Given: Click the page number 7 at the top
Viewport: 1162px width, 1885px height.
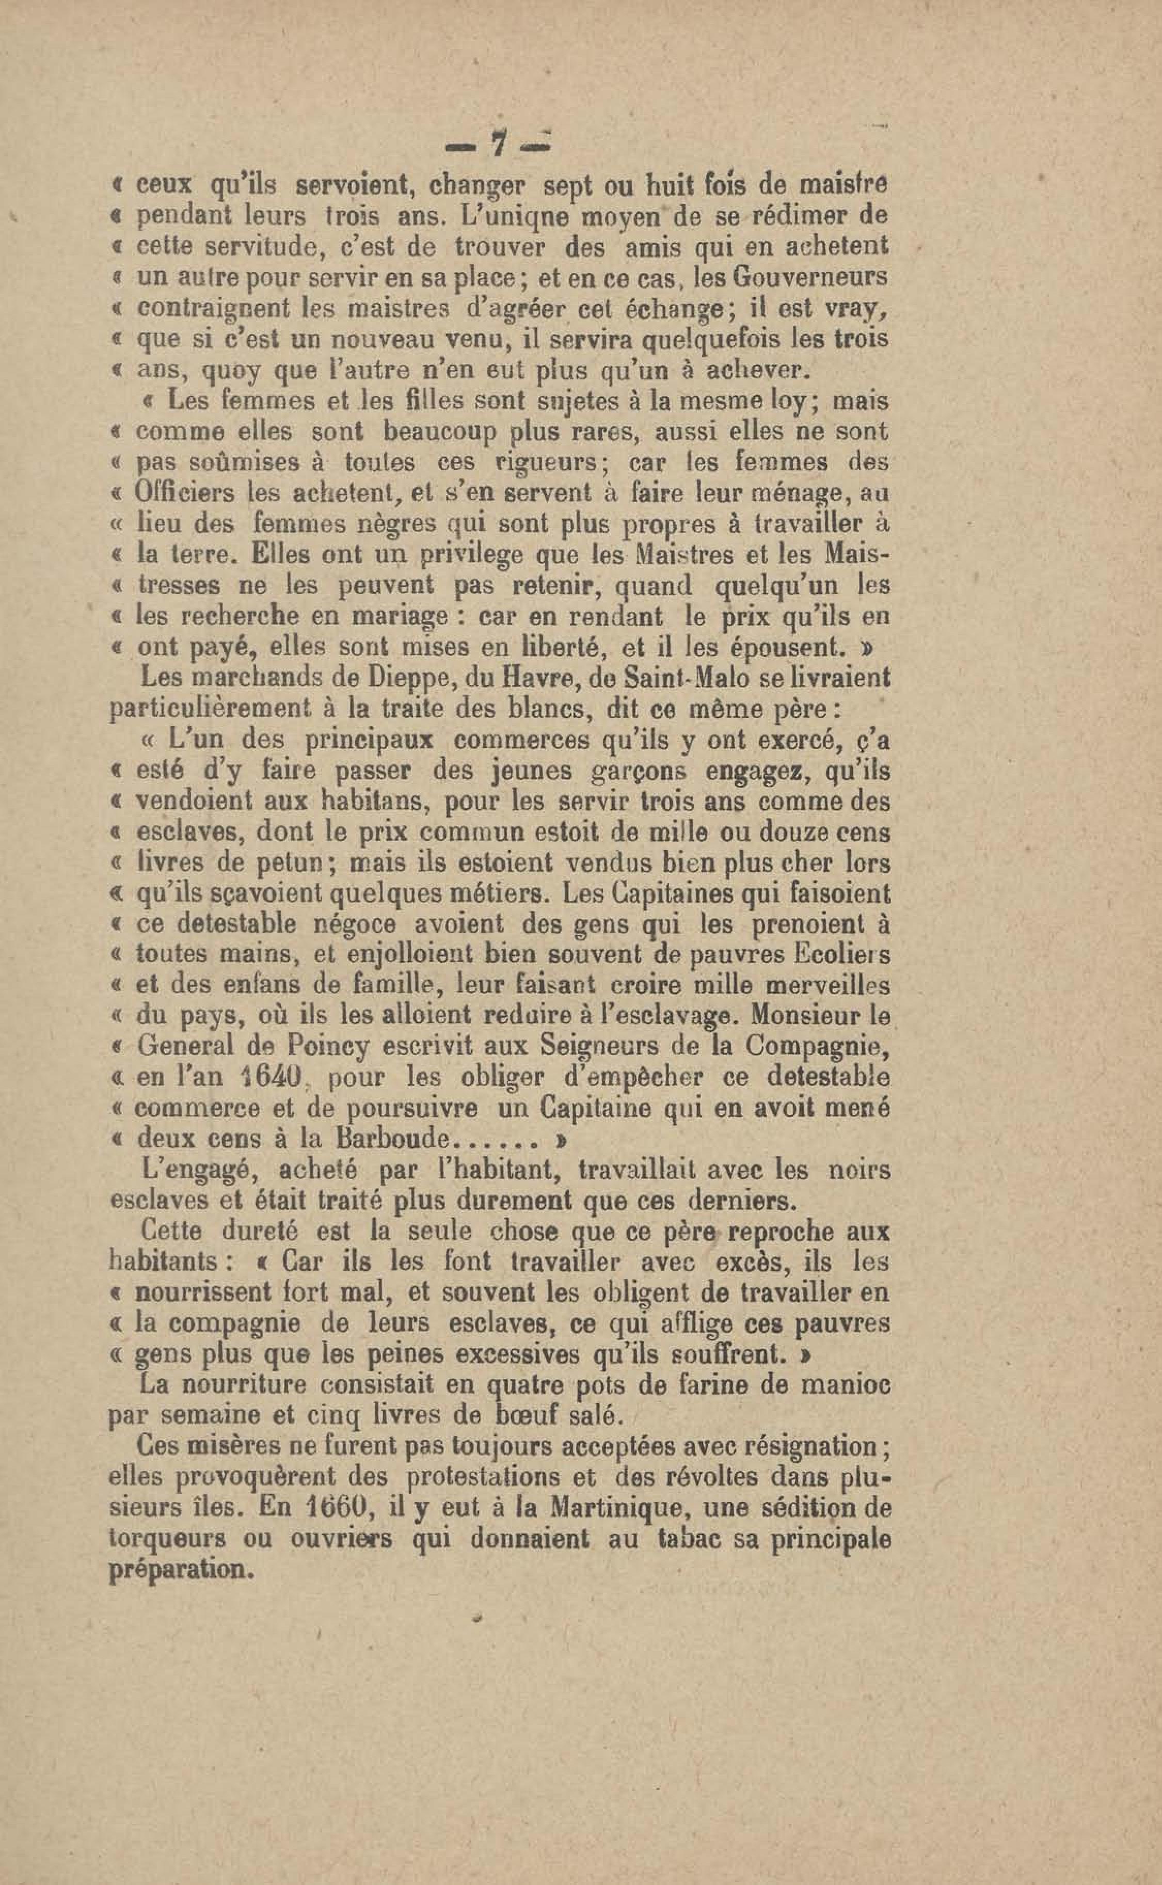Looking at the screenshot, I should [500, 143].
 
